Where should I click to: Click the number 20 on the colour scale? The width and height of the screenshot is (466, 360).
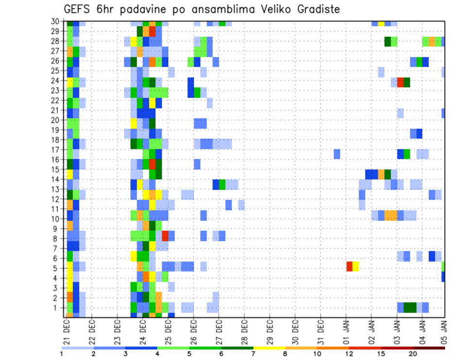(413, 354)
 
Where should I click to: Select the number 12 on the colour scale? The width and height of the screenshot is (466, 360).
(349, 354)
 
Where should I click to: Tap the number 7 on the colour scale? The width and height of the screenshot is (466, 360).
(253, 354)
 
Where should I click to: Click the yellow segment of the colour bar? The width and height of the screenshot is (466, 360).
(269, 348)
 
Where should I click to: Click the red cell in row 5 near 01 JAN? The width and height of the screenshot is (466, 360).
(349, 266)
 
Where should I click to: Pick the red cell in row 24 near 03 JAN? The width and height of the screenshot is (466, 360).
(400, 82)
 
